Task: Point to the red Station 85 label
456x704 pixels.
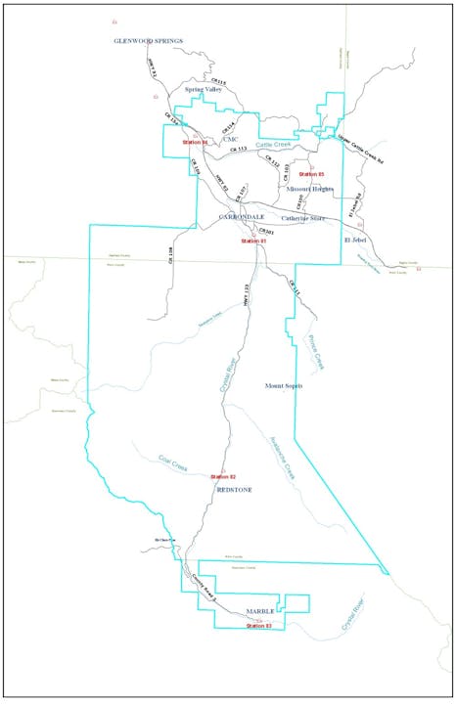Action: pyautogui.click(x=310, y=174)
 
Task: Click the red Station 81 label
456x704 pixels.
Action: pyautogui.click(x=252, y=241)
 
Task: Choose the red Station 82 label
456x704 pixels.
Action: pyautogui.click(x=223, y=476)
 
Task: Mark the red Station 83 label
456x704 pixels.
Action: pyautogui.click(x=258, y=625)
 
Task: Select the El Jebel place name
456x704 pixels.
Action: pyautogui.click(x=355, y=238)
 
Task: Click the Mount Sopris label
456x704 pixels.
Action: pyautogui.click(x=284, y=386)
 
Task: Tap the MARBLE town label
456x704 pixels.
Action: pyautogui.click(x=259, y=611)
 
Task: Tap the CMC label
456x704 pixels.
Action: pyautogui.click(x=230, y=138)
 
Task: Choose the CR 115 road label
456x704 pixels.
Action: pyautogui.click(x=218, y=82)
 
